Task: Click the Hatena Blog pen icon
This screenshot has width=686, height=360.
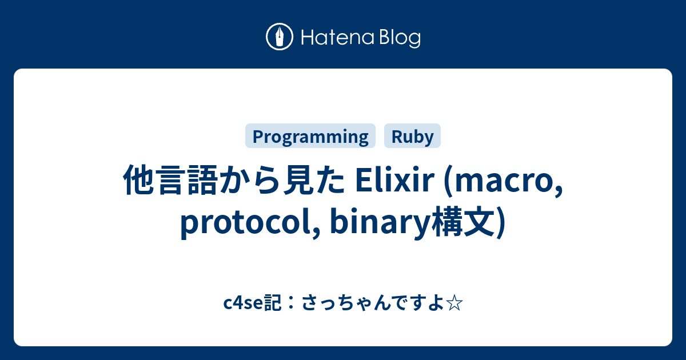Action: click(280, 38)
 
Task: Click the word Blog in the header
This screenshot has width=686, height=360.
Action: click(398, 38)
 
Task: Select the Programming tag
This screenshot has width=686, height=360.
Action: click(310, 137)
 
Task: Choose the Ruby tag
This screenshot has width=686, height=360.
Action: click(412, 137)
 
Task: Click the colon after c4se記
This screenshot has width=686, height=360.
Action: click(287, 303)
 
